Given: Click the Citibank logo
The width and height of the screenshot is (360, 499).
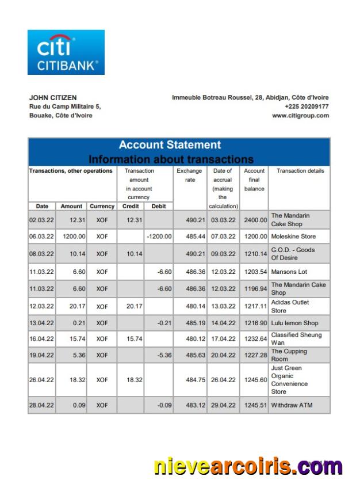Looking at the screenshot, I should pyautogui.click(x=66, y=52).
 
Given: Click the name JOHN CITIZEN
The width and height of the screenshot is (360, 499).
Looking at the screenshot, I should pyautogui.click(x=53, y=98).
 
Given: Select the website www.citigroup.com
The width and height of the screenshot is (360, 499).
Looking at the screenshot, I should pyautogui.click(x=300, y=115).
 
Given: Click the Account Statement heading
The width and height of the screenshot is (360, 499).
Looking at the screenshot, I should pyautogui.click(x=170, y=145).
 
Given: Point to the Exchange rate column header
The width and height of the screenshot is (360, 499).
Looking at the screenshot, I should pyautogui.click(x=189, y=175).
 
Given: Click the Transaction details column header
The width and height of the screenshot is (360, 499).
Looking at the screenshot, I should pyautogui.click(x=300, y=171).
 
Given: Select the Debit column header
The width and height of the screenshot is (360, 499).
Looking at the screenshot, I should pyautogui.click(x=158, y=206).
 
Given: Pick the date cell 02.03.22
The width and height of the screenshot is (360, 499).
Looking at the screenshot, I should pyautogui.click(x=41, y=220).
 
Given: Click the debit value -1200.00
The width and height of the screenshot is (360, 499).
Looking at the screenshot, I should pyautogui.click(x=158, y=237).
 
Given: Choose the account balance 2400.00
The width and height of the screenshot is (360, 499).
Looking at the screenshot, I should pyautogui.click(x=254, y=220).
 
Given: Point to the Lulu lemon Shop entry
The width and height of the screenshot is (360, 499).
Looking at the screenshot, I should pyautogui.click(x=294, y=323).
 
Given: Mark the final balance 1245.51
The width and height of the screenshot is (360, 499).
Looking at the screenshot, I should pyautogui.click(x=254, y=405).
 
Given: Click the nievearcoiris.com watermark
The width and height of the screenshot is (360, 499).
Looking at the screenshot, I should pyautogui.click(x=248, y=466).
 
